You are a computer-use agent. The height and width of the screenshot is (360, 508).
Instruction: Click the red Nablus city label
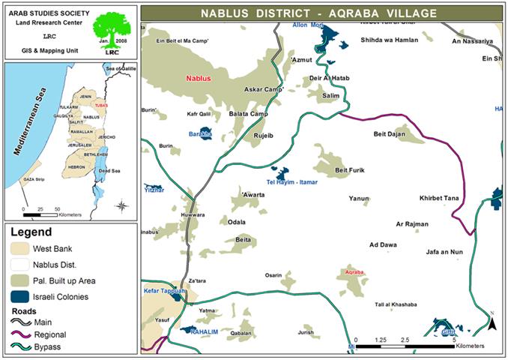199,78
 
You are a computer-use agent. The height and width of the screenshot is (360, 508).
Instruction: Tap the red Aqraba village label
354,271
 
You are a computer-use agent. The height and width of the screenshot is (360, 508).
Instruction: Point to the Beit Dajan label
388,134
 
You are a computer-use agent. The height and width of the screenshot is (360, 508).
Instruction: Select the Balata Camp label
248,114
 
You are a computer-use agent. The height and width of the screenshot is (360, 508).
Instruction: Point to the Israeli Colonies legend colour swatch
19,296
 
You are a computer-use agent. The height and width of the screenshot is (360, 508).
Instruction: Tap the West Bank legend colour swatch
19,247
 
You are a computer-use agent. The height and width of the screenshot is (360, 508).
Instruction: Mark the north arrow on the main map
492,322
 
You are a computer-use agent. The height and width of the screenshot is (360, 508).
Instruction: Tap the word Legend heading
31,233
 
